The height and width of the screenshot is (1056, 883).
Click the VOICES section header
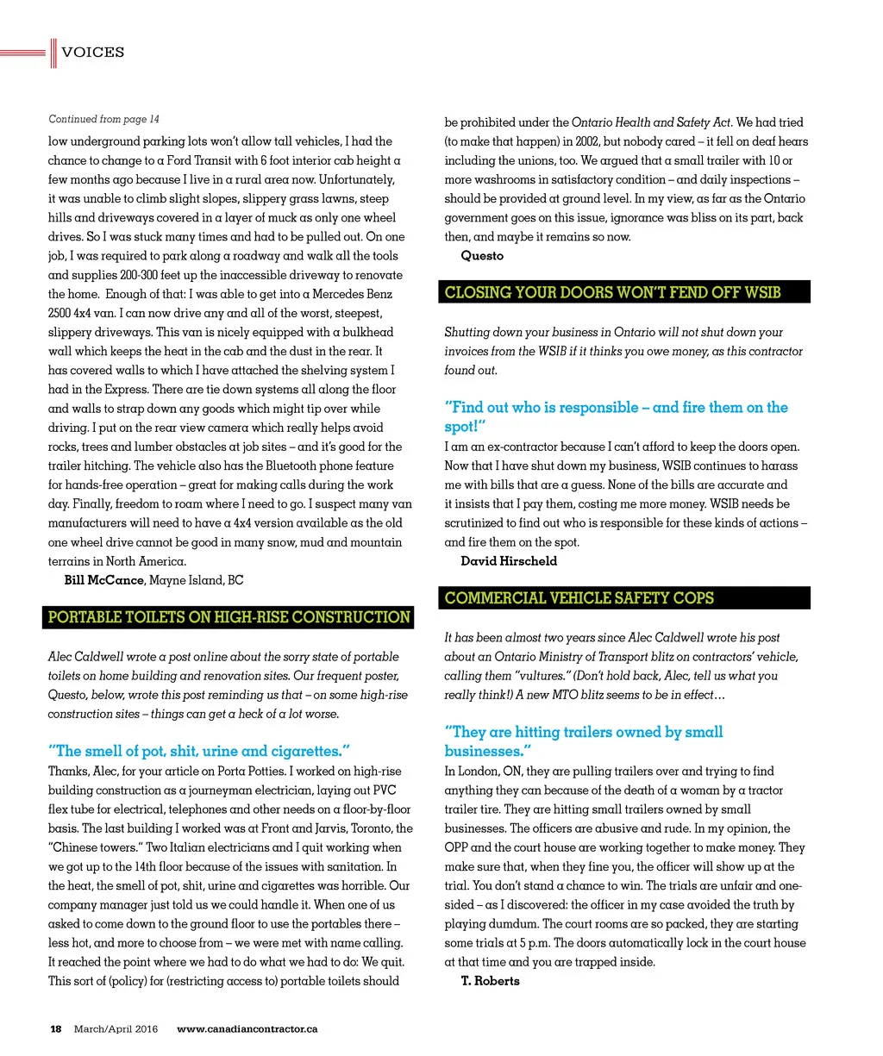(92, 53)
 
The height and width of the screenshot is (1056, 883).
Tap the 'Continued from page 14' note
(103, 119)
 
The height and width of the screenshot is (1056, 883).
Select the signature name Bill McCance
(103, 580)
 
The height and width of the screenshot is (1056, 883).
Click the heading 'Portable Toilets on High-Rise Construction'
(229, 617)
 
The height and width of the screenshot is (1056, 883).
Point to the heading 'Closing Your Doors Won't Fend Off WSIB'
(612, 292)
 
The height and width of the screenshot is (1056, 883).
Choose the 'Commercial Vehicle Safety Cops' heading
(579, 598)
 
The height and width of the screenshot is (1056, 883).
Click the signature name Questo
(482, 256)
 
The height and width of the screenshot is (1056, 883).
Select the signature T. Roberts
(490, 981)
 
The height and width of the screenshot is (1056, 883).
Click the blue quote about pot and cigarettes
(198, 751)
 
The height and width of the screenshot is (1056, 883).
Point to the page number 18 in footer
(56, 1028)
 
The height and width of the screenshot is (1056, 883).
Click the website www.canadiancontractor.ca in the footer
(247, 1028)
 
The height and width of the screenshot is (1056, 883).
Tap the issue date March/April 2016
(116, 1028)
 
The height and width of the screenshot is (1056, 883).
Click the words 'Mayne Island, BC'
(196, 580)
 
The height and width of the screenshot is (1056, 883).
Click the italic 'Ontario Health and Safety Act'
(652, 122)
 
